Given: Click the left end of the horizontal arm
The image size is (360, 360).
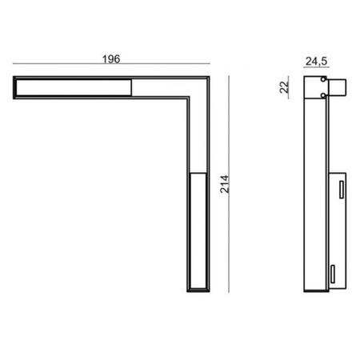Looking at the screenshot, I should point(15,87).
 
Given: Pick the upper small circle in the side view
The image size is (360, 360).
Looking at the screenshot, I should point(322,81).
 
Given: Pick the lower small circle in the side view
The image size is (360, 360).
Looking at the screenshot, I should point(322,95).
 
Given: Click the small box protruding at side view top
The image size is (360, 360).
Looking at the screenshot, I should point(338,86).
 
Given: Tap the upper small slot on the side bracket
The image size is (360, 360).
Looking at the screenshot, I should point(339,189).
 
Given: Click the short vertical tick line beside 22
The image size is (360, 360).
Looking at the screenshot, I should point(294,86).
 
